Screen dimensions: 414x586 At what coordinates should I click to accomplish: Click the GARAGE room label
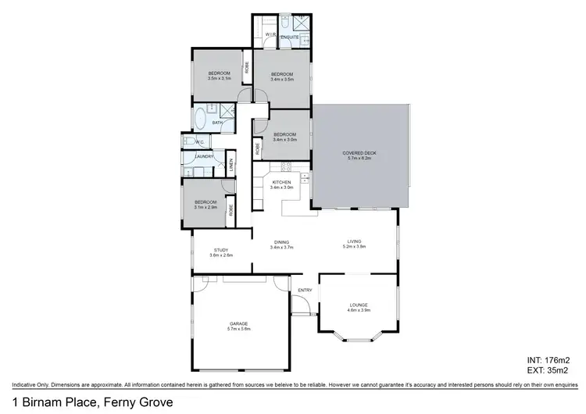[240, 323]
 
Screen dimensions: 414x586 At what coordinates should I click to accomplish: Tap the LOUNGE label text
[359, 305]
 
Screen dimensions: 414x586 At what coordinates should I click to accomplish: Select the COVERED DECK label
[360, 152]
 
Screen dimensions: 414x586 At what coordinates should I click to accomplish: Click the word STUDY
[221, 250]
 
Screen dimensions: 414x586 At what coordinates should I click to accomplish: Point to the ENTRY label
[305, 290]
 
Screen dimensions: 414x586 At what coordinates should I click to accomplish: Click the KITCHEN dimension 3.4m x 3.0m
[281, 187]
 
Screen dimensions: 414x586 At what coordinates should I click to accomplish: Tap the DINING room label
[281, 241]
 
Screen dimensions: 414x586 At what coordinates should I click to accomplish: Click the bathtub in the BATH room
[200, 120]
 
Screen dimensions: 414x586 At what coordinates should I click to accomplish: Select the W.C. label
[200, 142]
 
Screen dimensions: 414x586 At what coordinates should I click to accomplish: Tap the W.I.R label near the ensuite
[270, 35]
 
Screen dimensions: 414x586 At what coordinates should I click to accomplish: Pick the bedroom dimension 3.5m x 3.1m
[221, 79]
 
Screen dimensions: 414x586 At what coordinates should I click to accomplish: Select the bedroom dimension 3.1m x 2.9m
[206, 208]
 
